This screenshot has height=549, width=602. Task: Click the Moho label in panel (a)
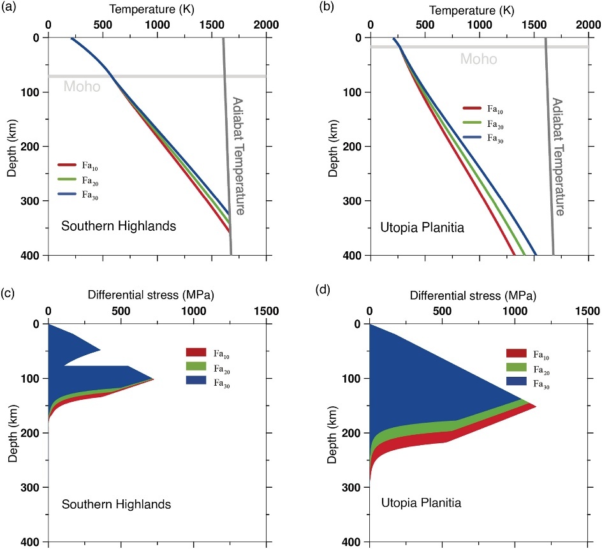80,85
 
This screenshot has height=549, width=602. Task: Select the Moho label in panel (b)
478,59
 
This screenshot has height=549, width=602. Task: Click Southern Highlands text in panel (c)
116,504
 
